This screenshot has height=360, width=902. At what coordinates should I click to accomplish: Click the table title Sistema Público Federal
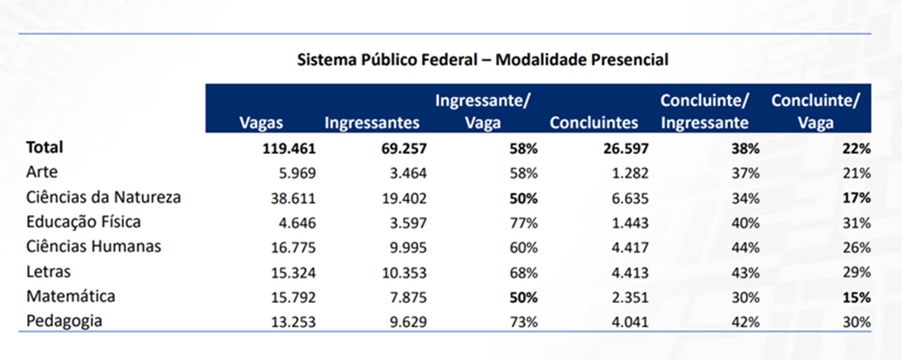pos(482,60)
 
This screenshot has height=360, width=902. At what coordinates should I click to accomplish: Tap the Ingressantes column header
pos(372,122)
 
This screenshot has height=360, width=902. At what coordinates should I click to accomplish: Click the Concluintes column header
pos(593,122)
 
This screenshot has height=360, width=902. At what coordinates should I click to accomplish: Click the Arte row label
pos(41,173)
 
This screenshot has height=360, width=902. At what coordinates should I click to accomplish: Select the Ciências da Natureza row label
pos(103,198)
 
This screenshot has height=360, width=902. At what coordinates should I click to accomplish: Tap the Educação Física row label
pos(84,223)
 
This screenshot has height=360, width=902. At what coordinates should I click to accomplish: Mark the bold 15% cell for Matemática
pos(856,297)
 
